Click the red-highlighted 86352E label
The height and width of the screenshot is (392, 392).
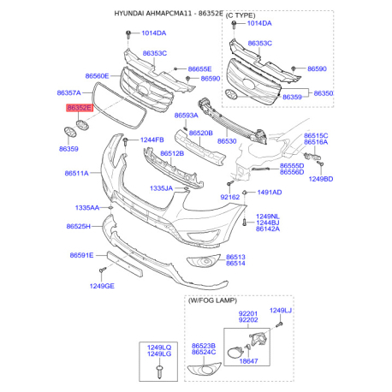click(80, 108)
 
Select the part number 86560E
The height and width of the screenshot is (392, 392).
click(97, 76)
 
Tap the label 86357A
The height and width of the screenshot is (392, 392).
click(68, 92)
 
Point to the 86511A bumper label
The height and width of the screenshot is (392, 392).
click(76, 173)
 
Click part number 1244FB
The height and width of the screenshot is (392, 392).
click(152, 140)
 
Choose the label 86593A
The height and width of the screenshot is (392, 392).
click(186, 116)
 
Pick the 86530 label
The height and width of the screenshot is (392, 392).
click(227, 141)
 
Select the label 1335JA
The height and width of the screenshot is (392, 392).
click(161, 188)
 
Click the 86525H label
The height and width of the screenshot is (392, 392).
click(78, 226)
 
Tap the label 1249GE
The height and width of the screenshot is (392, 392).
click(102, 286)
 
